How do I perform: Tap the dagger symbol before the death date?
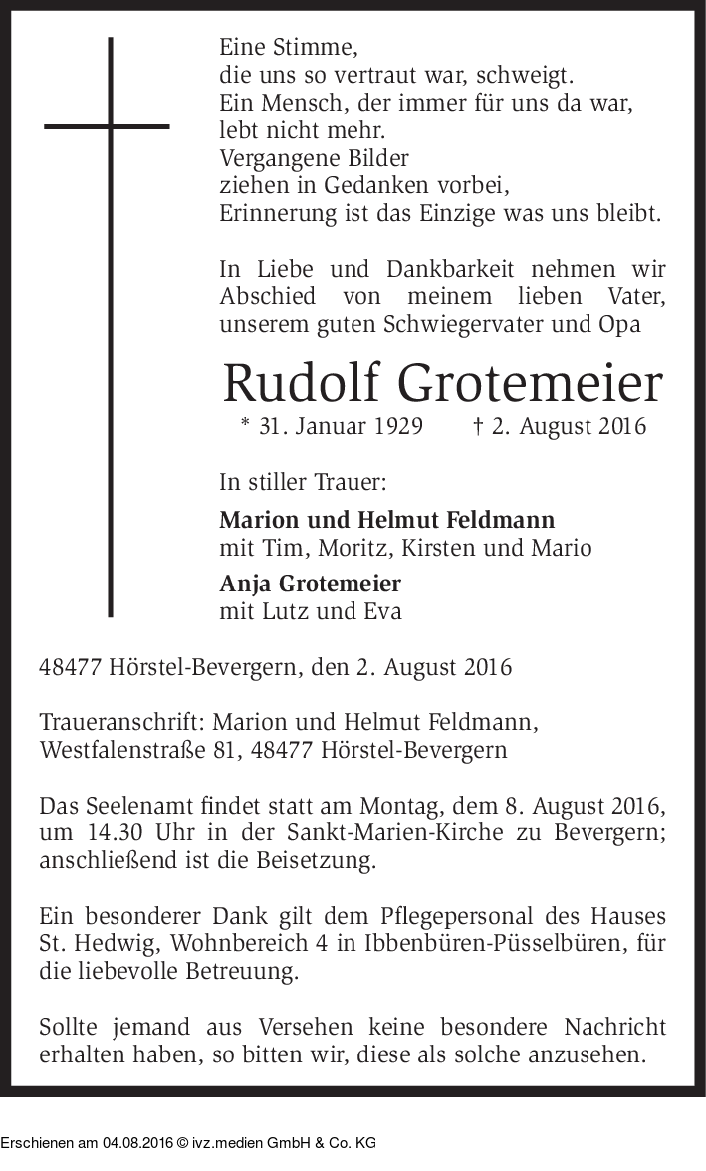coord(477,426)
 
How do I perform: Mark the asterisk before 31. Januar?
coord(245,426)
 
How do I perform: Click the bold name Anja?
coord(248,584)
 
